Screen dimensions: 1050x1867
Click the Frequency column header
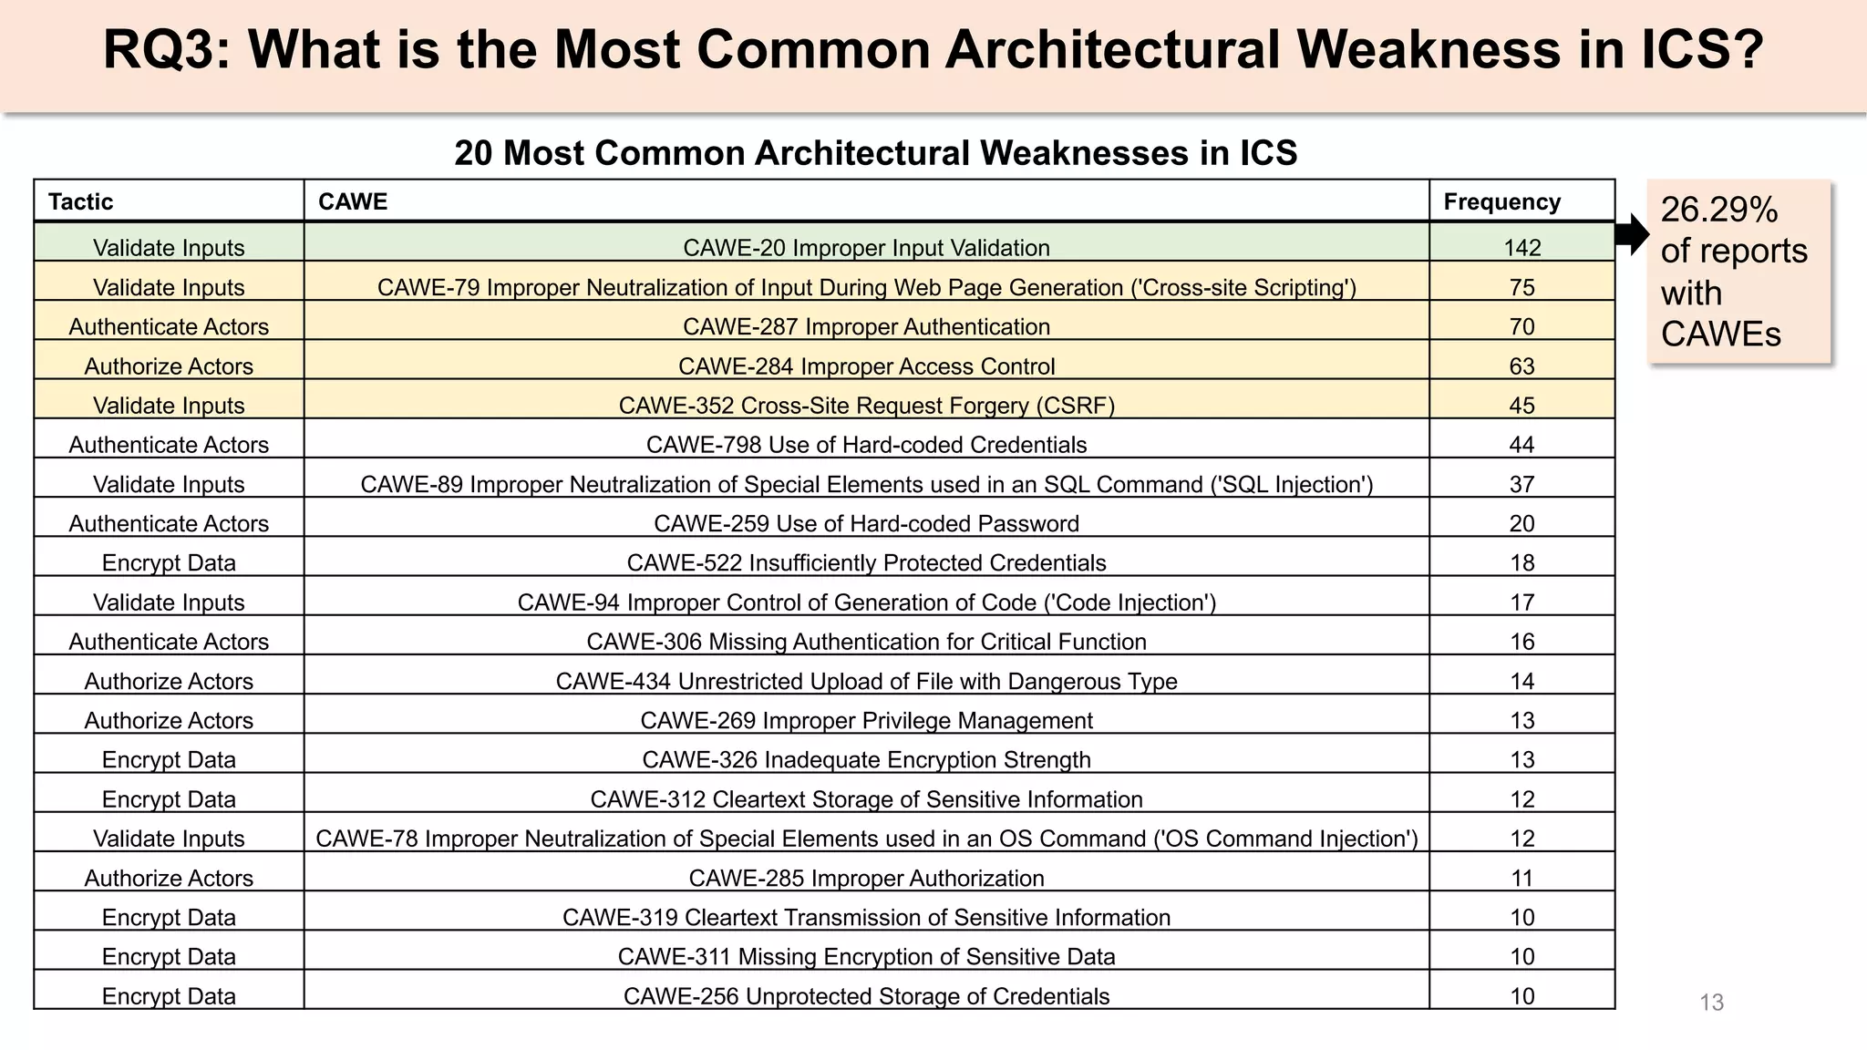click(1501, 201)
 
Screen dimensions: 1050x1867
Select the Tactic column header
click(81, 201)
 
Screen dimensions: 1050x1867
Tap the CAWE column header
click(353, 201)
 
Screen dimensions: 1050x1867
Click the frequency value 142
click(1521, 248)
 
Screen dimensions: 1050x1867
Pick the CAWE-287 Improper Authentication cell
click(866, 326)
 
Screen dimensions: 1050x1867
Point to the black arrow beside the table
click(1632, 234)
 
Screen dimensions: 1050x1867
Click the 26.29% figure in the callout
click(1718, 210)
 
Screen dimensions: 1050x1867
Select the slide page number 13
click(1711, 1003)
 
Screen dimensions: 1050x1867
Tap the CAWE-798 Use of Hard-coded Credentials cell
click(866, 445)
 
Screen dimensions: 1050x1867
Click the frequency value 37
click(1521, 484)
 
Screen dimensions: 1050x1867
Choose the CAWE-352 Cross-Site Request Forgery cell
click(866, 406)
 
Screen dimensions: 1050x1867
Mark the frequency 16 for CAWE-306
click(1521, 642)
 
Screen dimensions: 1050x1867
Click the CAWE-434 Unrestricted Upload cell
click(866, 681)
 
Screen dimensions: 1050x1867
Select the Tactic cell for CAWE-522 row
click(169, 563)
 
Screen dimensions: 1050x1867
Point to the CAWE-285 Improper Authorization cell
click(866, 878)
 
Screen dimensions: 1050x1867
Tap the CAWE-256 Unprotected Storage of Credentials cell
click(866, 996)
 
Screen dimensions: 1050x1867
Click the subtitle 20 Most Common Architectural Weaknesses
click(875, 153)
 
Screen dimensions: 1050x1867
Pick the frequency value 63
click(1521, 366)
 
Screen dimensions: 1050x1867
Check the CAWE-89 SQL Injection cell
click(866, 484)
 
